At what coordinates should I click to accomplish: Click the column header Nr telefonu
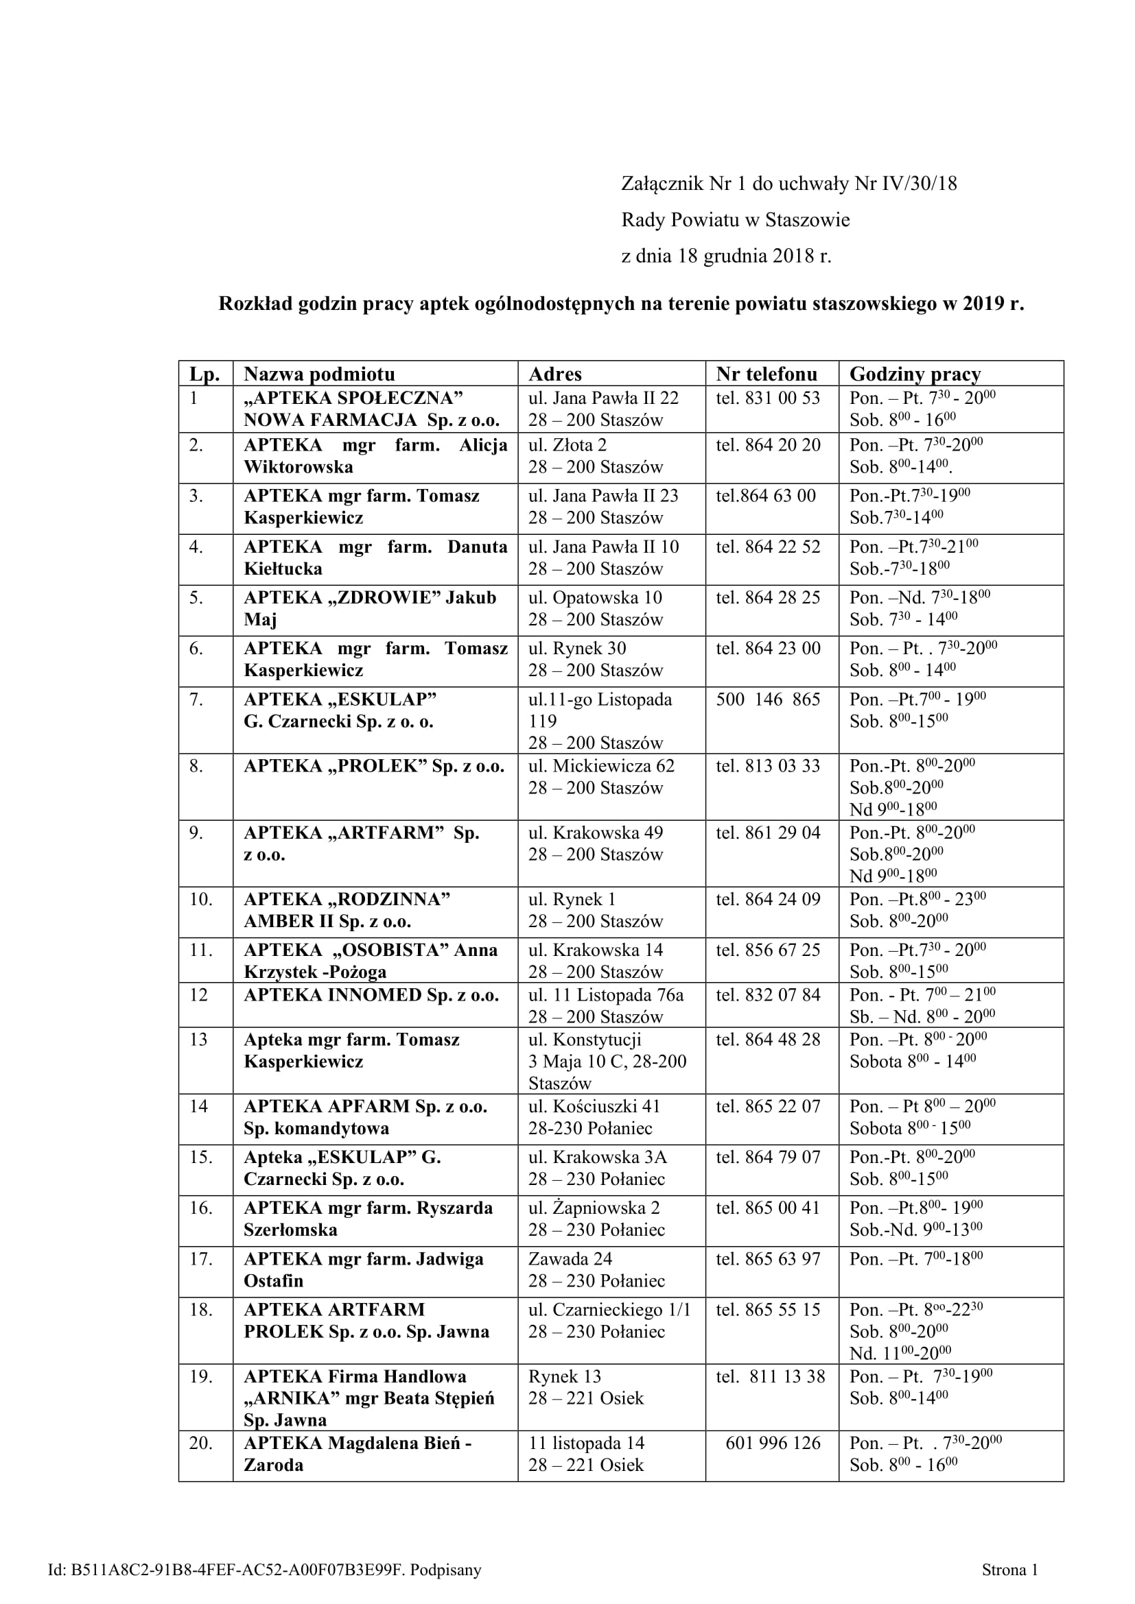[x=766, y=374]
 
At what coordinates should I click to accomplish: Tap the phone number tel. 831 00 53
[x=767, y=398]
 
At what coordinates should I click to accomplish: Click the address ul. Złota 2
[x=567, y=445]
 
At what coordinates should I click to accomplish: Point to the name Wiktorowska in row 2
[x=299, y=467]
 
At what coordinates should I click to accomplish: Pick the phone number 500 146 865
[x=767, y=699]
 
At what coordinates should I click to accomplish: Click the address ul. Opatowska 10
[x=595, y=597]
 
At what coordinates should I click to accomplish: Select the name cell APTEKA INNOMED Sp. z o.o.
[x=371, y=995]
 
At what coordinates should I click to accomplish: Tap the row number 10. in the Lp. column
[x=200, y=899]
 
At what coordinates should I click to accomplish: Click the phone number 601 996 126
[x=772, y=1443]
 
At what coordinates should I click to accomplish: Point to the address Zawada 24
[x=570, y=1258]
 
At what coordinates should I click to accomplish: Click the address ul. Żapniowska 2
[x=594, y=1207]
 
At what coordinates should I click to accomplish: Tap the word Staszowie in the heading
[x=807, y=220]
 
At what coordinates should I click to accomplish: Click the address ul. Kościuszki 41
[x=594, y=1106]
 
